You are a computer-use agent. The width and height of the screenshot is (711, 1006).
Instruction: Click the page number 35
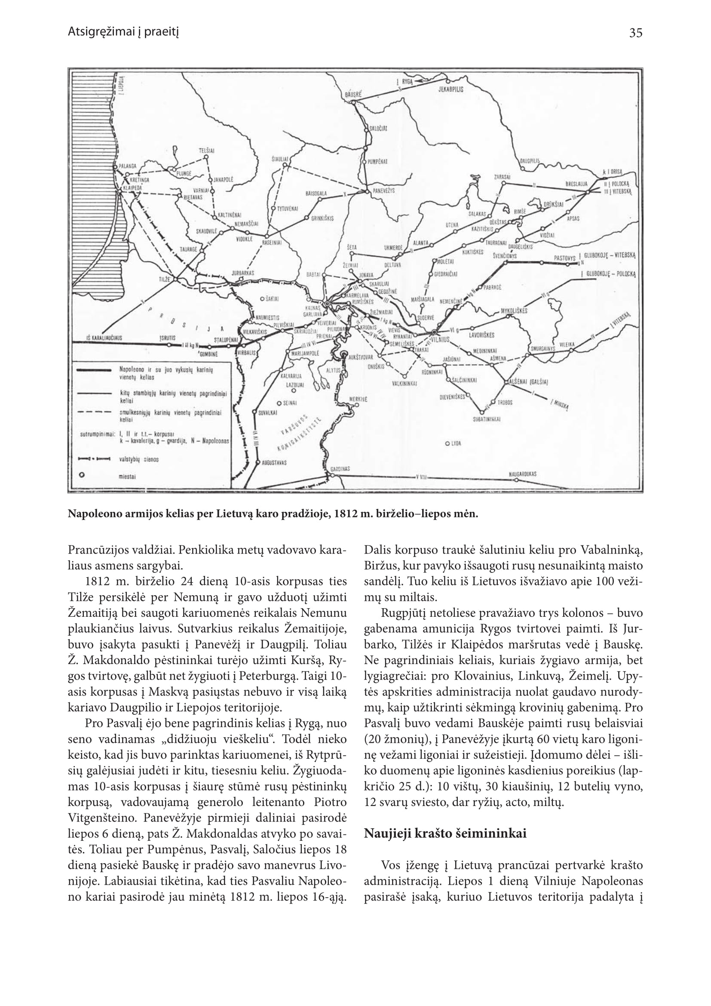pyautogui.click(x=636, y=33)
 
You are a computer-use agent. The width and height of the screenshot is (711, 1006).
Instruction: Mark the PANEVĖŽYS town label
pyautogui.click(x=384, y=191)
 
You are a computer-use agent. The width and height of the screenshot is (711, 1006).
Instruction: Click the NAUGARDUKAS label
pyautogui.click(x=523, y=473)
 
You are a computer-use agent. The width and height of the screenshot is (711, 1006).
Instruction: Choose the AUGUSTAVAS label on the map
pyautogui.click(x=274, y=462)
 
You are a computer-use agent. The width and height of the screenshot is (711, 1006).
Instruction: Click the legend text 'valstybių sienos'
pyautogui.click(x=139, y=460)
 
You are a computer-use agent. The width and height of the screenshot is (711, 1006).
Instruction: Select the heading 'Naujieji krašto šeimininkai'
pyautogui.click(x=445, y=833)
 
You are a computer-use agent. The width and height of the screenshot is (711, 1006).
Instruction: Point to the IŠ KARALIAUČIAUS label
pyautogui.click(x=104, y=338)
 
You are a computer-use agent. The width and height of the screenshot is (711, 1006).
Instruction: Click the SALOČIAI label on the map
pyautogui.click(x=378, y=128)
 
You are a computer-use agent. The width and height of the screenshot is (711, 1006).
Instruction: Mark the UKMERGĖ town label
pyautogui.click(x=393, y=248)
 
